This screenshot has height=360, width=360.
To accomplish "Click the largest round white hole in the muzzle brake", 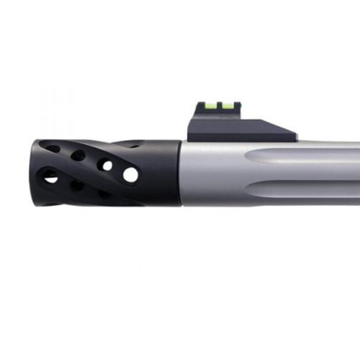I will point(131,175).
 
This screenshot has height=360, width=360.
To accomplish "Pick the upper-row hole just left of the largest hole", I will point(106,165).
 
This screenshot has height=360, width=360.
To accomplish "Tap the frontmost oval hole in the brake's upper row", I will point(52,149).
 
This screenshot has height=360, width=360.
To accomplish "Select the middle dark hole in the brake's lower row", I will point(77,185).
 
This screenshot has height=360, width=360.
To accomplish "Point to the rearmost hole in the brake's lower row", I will point(104,194).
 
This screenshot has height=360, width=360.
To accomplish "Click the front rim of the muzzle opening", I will point(34,172).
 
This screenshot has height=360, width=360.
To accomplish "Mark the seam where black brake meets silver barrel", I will point(180,173).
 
